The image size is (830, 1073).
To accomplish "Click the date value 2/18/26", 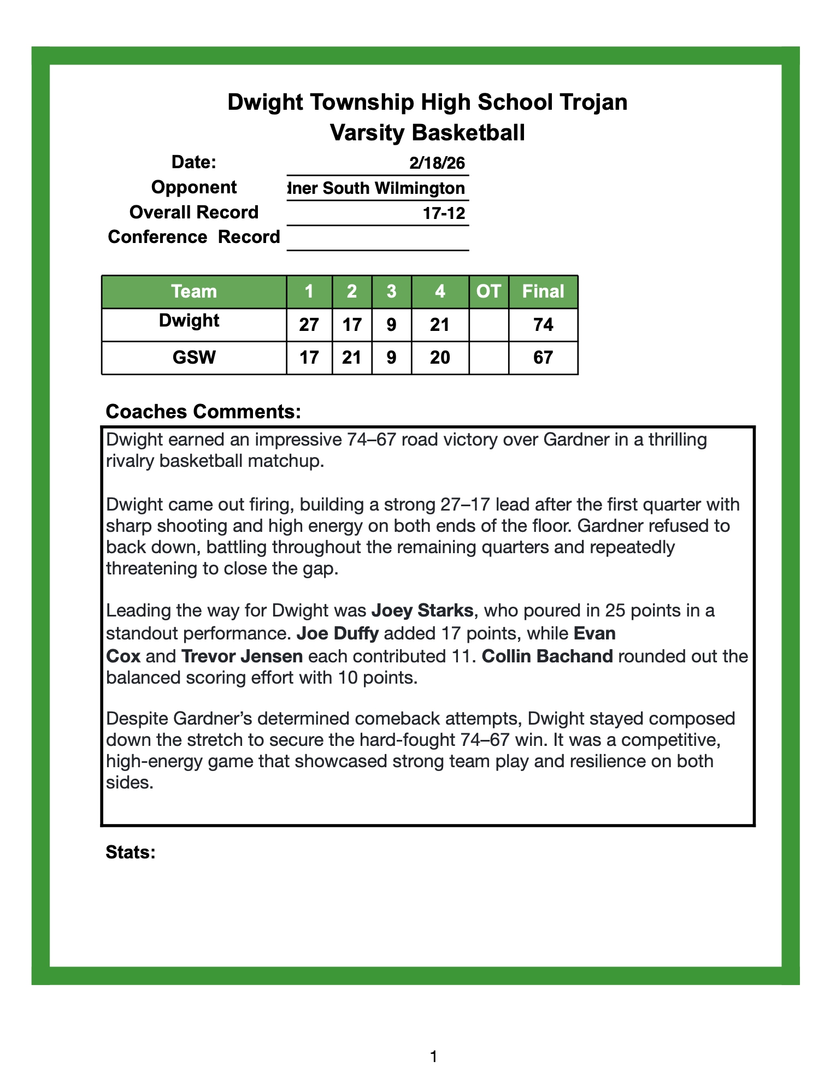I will point(437,163).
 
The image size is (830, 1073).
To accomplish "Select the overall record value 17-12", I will point(444,213).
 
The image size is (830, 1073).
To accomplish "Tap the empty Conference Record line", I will point(378,239).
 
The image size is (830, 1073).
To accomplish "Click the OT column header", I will point(488,292).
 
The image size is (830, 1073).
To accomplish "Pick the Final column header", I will point(543,292).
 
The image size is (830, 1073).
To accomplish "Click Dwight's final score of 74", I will point(543,325).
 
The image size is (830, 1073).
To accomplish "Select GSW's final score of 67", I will point(543,358).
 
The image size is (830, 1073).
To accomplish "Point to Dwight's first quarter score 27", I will point(309,325).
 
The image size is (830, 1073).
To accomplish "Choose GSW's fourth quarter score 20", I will point(440,358).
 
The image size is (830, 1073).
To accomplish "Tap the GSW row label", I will point(194,358).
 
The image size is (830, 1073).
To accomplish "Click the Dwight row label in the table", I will point(189,321).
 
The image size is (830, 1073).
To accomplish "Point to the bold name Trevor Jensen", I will point(242,655).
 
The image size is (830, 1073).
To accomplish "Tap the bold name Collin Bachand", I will point(548,655).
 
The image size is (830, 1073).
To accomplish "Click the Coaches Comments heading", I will point(203,412).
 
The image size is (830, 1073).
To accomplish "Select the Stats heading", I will point(131,852).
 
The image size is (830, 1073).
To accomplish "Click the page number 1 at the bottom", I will point(433,1057).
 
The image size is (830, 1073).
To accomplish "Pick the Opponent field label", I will point(194,187).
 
